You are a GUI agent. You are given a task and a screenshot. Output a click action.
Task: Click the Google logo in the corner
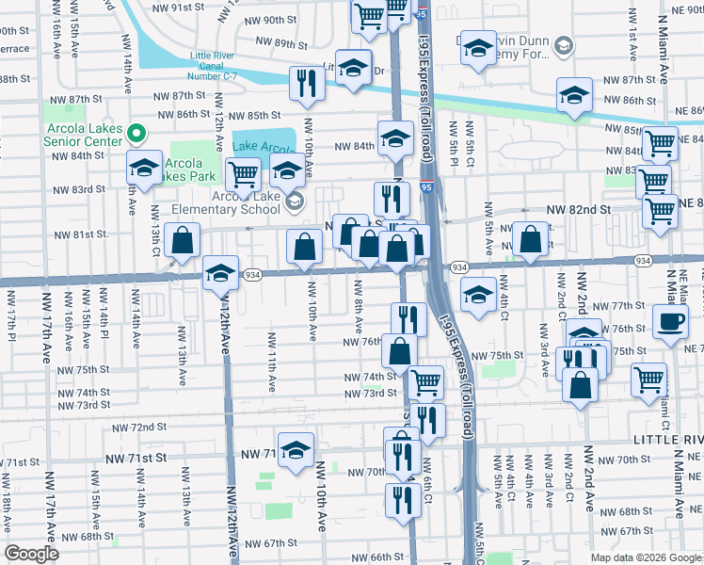pyautogui.click(x=32, y=554)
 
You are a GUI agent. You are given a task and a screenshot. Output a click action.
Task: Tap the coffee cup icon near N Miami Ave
pyautogui.click(x=671, y=323)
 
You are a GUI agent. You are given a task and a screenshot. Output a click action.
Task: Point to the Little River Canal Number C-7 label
pyautogui.click(x=216, y=61)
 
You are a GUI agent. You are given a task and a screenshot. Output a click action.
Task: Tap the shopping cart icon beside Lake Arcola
pyautogui.click(x=243, y=173)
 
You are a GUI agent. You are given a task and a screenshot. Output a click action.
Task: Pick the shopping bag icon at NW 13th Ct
pyautogui.click(x=183, y=240)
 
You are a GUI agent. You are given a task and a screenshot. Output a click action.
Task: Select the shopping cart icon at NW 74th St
pyautogui.click(x=425, y=381)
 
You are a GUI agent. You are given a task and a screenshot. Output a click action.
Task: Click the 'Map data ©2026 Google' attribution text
pyautogui.click(x=646, y=557)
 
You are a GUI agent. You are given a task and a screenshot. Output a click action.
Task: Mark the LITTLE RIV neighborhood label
pyautogui.click(x=668, y=441)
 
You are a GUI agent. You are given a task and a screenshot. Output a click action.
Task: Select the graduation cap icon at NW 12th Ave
pyautogui.click(x=220, y=273)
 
